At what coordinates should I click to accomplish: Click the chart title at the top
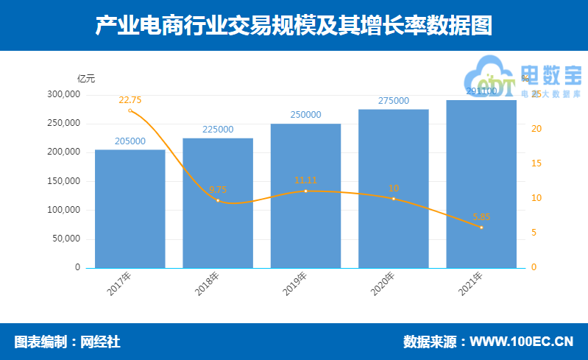(294, 26)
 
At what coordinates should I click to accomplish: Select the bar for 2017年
(130, 209)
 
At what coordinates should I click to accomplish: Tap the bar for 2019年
(305, 196)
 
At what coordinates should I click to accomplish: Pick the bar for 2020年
(393, 188)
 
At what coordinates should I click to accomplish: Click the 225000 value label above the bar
(218, 130)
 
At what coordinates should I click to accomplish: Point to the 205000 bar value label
(130, 141)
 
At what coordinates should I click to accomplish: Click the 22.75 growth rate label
(130, 100)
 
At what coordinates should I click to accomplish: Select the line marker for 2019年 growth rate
(305, 191)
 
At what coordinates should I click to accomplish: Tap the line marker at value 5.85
(481, 227)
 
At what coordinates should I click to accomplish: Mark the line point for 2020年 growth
(393, 199)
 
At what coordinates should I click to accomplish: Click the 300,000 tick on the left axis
(63, 94)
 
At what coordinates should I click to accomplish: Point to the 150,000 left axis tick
(63, 181)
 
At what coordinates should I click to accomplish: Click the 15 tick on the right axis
(536, 163)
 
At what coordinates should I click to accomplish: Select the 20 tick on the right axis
(536, 129)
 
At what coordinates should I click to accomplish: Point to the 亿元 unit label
(86, 78)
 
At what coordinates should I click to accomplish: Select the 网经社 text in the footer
(100, 342)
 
